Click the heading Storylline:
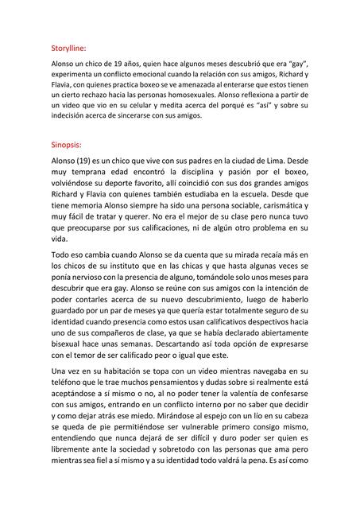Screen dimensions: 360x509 pyautogui.click(x=68, y=48)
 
